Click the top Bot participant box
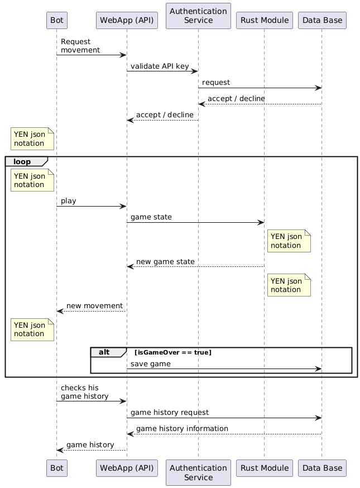pos(56,21)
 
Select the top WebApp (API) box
pos(127,21)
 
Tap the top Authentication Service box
pos(198,16)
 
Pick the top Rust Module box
pos(264,21)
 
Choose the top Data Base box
pos(322,21)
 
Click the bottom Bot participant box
pos(56,468)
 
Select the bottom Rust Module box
pos(264,468)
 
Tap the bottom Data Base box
pos(322,468)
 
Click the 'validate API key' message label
pos(160,66)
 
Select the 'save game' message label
pos(151,364)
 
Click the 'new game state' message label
pos(165,262)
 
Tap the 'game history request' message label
pos(170,413)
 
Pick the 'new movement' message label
pos(94,306)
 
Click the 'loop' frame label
pos(22,162)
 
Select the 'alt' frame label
pos(104,352)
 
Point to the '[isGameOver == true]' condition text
pos(172,352)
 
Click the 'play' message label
pos(68,200)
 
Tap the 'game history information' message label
pos(182,429)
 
